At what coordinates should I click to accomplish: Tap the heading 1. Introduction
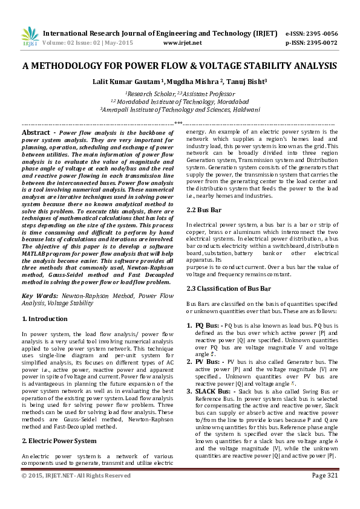tap(45, 319)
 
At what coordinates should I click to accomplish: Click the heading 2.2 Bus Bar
tap(203, 209)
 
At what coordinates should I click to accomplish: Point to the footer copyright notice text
tap(76, 476)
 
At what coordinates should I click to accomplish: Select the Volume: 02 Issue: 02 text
tap(78, 44)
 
